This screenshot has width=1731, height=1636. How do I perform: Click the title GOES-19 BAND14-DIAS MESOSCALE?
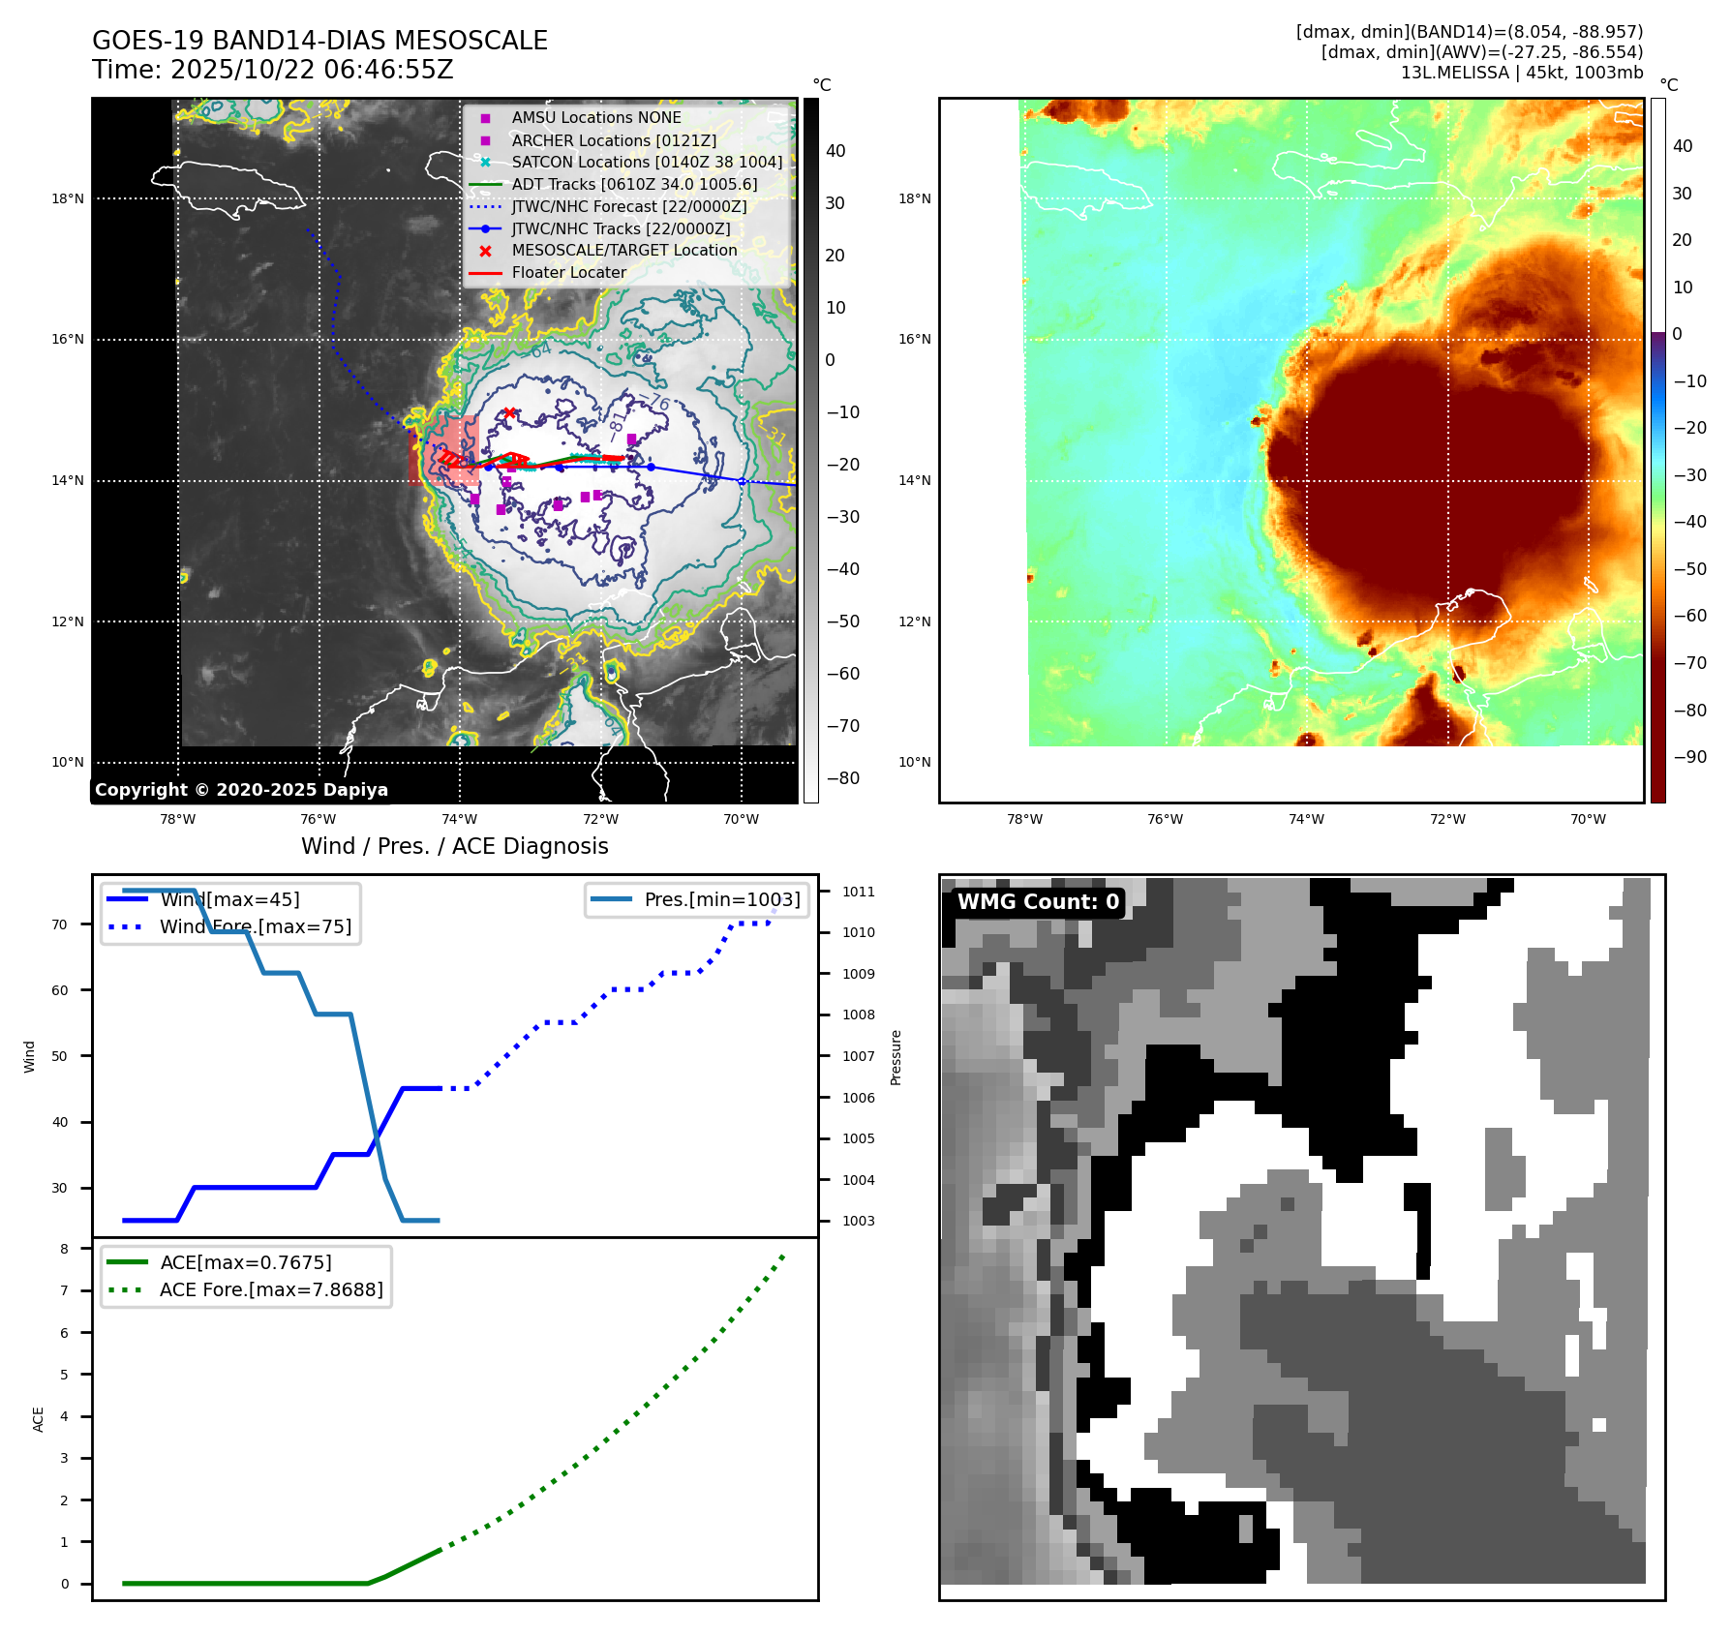[x=319, y=41]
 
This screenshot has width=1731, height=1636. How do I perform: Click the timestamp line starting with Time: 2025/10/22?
[x=272, y=70]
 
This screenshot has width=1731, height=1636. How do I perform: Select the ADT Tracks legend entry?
[x=634, y=184]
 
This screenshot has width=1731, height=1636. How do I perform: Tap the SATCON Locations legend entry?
[x=647, y=162]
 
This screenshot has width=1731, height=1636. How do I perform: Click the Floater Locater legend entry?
[x=568, y=272]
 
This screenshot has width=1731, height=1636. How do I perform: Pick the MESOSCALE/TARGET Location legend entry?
[x=623, y=250]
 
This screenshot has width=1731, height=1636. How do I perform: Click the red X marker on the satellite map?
[x=509, y=413]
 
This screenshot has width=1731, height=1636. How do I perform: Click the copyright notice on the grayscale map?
[x=241, y=790]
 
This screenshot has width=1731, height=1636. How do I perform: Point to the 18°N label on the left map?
[x=68, y=199]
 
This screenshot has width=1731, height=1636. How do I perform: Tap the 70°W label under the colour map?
[x=1588, y=819]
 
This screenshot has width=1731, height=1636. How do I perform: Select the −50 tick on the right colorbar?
[x=1690, y=569]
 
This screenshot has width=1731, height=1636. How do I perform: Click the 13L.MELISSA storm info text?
[x=1521, y=73]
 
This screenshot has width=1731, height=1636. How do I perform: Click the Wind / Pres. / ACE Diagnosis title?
[x=455, y=846]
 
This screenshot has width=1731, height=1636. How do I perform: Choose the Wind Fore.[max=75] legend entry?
[x=256, y=926]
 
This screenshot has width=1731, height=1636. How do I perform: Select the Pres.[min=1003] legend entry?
[x=722, y=899]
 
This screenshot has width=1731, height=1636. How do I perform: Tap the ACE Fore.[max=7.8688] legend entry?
[x=271, y=1289]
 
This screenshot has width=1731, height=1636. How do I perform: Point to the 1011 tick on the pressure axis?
[x=858, y=892]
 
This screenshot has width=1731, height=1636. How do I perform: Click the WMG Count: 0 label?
[x=1038, y=902]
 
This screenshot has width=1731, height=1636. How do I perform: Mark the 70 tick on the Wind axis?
[x=60, y=924]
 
